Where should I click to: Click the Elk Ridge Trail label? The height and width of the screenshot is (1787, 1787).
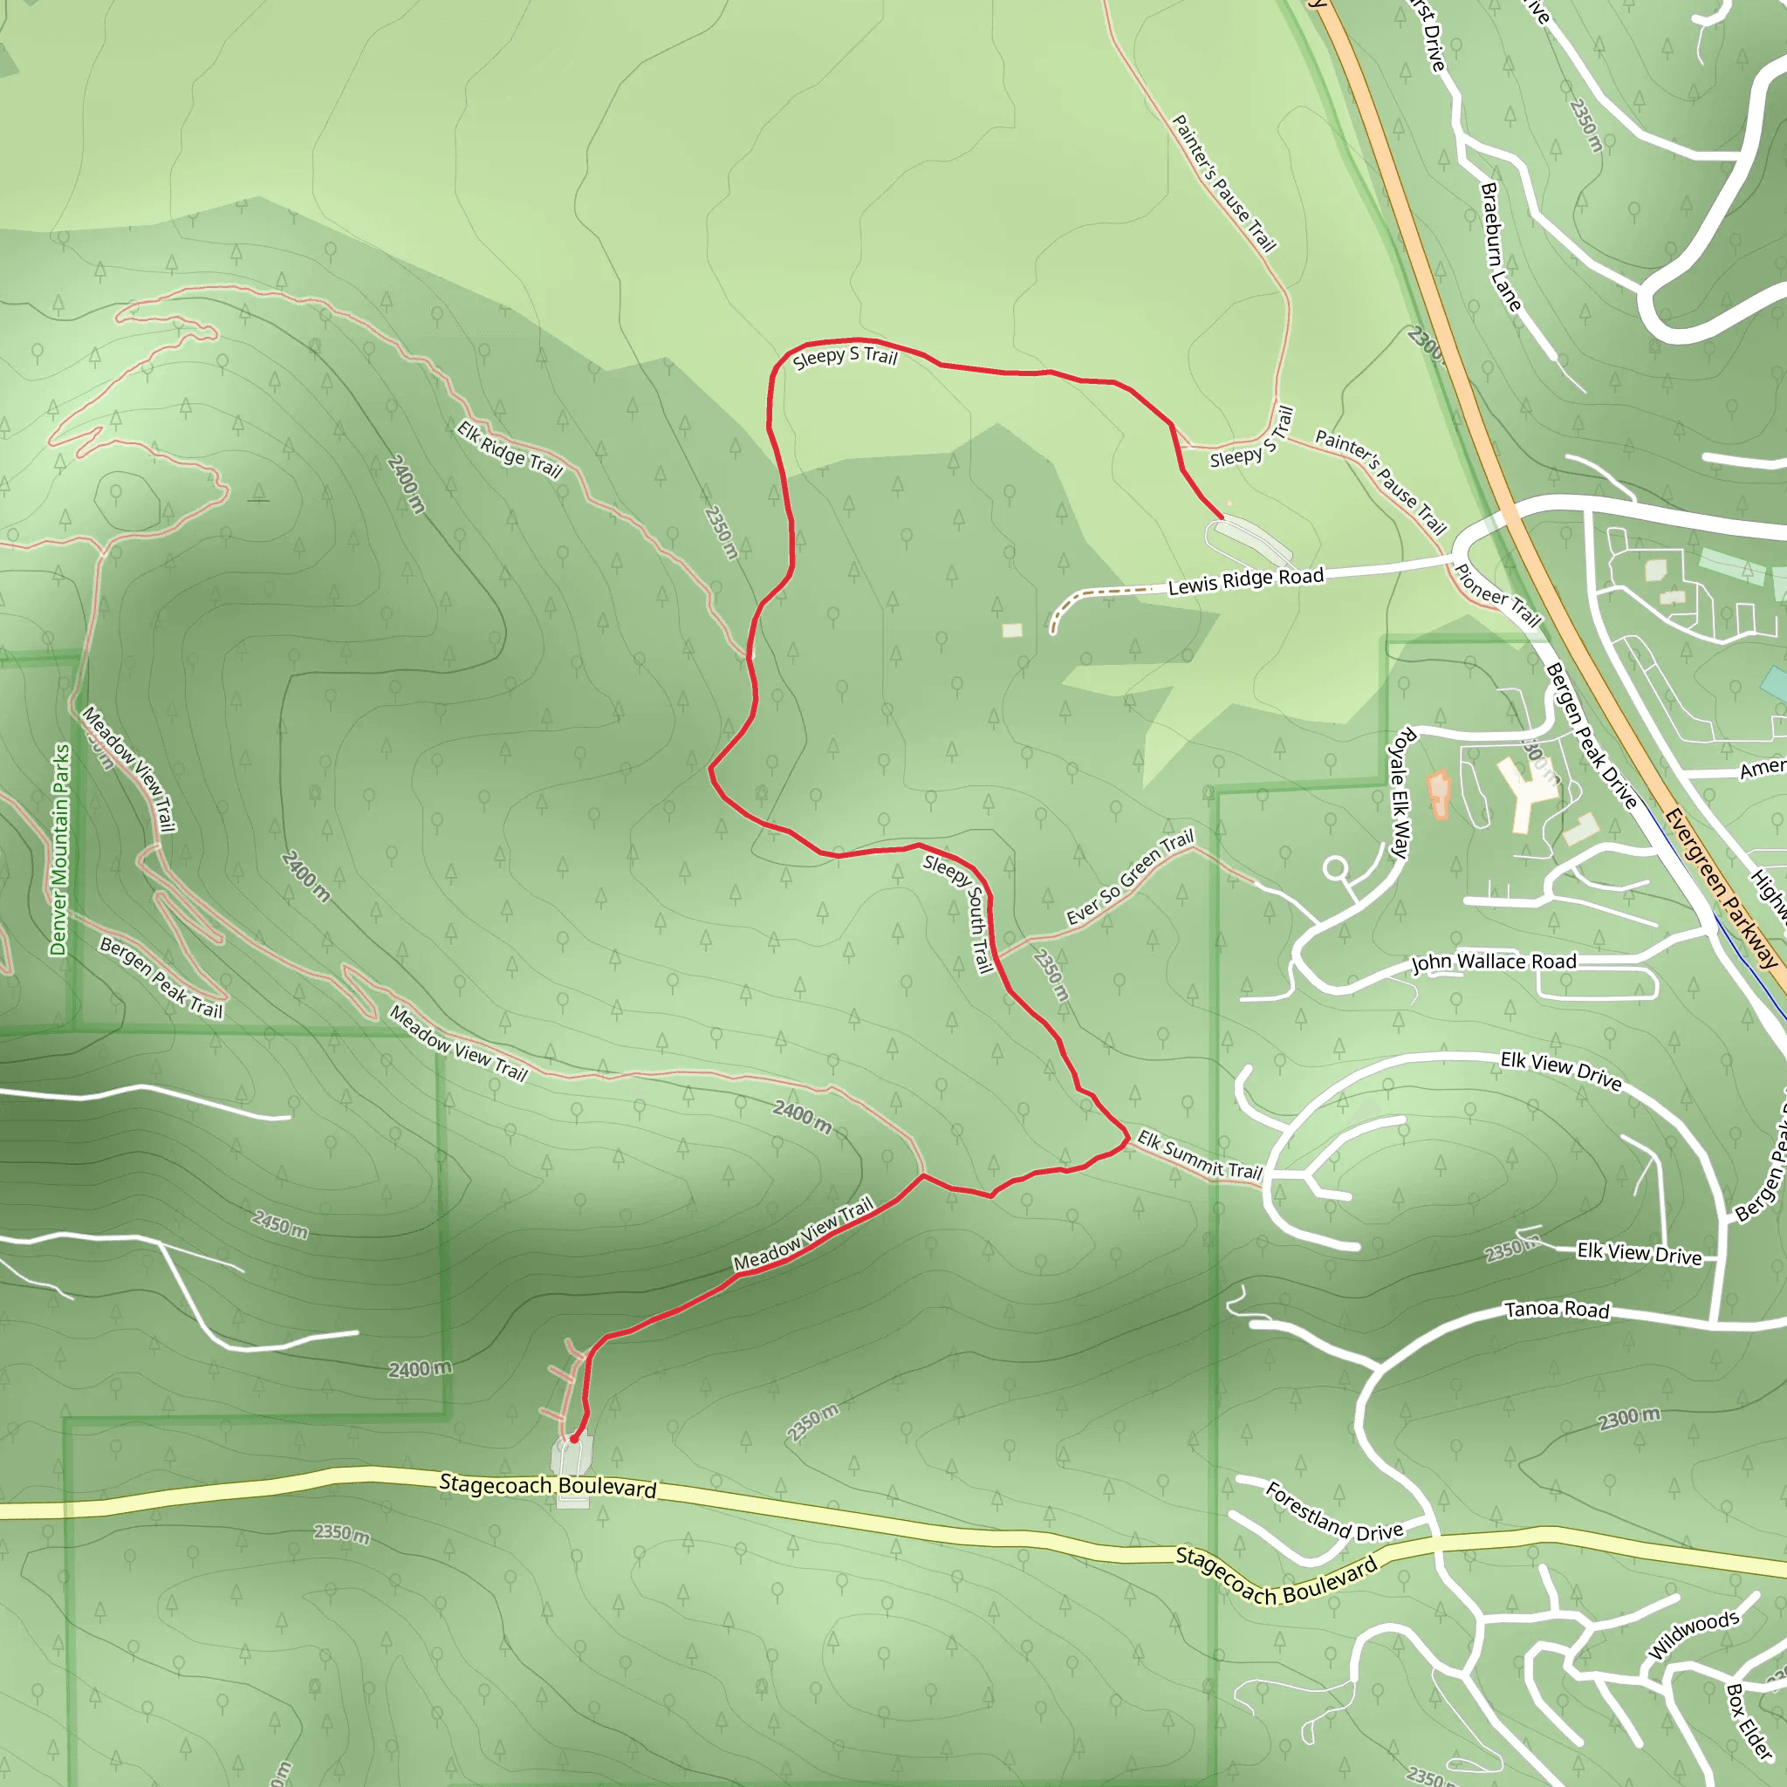(510, 449)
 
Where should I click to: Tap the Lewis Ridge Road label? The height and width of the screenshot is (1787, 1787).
(1245, 582)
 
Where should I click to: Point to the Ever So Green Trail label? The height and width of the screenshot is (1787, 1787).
(1129, 877)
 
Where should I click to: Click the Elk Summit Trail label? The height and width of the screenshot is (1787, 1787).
(1200, 1154)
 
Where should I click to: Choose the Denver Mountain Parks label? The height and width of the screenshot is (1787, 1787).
(60, 849)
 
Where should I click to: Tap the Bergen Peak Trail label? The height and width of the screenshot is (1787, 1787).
(161, 977)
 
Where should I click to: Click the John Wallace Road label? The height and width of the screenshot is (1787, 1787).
(1493, 962)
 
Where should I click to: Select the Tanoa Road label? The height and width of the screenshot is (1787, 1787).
(1557, 1310)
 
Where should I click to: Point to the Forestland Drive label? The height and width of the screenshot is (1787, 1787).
(1334, 1512)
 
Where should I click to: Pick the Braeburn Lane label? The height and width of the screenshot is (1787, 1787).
(1499, 247)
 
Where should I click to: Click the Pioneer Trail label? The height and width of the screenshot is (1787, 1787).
(1497, 596)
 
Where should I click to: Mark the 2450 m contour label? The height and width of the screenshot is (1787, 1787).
(279, 1223)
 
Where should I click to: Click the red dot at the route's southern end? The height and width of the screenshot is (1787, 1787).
(574, 1439)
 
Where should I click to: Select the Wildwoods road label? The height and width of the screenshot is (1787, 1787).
(1694, 1634)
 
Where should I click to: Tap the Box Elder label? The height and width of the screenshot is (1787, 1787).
(1749, 1721)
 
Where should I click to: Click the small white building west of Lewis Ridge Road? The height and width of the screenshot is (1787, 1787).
(1012, 630)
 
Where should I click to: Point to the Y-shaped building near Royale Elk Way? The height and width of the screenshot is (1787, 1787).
(1529, 791)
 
